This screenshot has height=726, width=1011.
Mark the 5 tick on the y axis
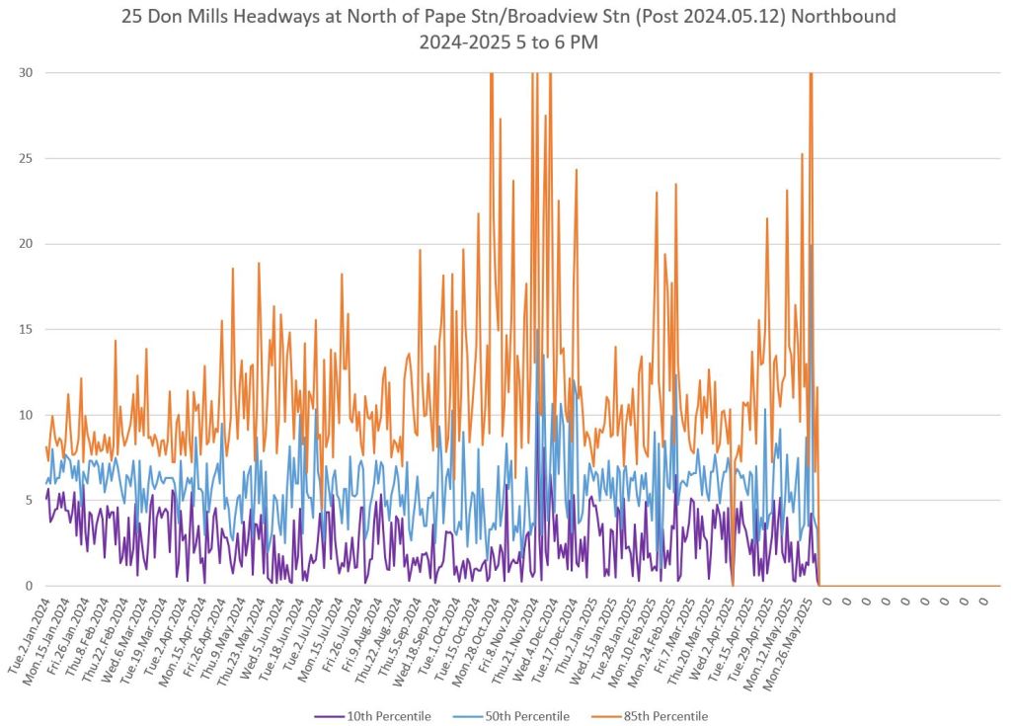[28, 501]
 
